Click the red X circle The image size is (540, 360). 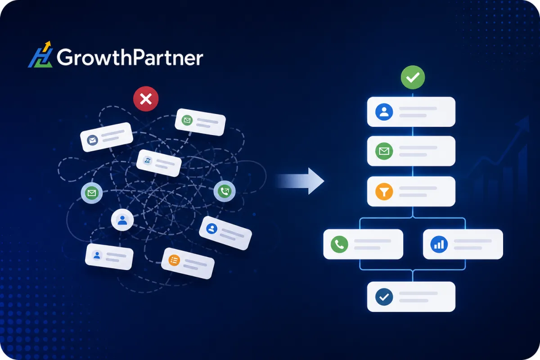tap(146, 99)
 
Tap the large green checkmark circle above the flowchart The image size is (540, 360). tap(413, 77)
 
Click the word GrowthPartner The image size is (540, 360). tap(130, 58)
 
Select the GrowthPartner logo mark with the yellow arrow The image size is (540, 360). tap(40, 54)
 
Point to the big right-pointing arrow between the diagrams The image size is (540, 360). tap(300, 181)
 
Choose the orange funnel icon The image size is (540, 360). tap(384, 191)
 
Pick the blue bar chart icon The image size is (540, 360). tap(439, 244)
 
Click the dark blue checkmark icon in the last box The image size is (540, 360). tap(384, 297)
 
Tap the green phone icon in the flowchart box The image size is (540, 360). tap(339, 244)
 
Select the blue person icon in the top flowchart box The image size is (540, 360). tap(384, 112)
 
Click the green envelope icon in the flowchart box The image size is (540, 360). tap(384, 151)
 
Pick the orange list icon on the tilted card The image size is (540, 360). tap(174, 261)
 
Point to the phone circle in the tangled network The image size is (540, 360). tap(225, 191)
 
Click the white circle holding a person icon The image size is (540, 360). tap(122, 220)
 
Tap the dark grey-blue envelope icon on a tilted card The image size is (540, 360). tap(92, 140)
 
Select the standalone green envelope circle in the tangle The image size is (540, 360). tap(92, 193)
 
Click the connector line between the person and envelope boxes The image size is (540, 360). tap(413, 131)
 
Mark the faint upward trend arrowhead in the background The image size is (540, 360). tap(522, 123)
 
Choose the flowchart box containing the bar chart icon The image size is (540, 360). tap(463, 244)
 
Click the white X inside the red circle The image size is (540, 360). tap(146, 99)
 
